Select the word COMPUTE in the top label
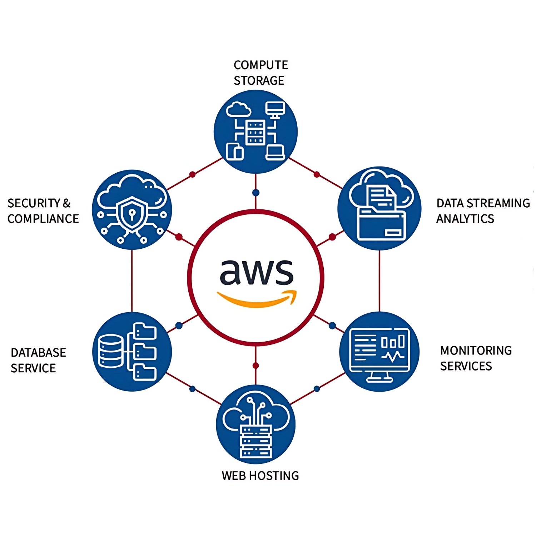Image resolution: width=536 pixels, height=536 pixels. pos(261,65)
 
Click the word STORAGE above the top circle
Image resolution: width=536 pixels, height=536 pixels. pos(259,81)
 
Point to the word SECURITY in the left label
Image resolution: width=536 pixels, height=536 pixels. pos(34,203)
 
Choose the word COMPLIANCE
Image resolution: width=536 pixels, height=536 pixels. pos(43,219)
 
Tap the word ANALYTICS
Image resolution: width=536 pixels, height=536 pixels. pos(465,219)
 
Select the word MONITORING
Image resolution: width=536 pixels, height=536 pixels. pos(476,351)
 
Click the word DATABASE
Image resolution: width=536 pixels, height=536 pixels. pos(39,353)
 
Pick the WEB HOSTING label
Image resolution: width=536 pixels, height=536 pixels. pos(260,476)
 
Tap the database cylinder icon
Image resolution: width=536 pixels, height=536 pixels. pos(111,351)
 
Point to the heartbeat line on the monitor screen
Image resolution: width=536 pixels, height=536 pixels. pos(393,356)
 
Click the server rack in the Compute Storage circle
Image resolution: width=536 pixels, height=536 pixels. pos(255,132)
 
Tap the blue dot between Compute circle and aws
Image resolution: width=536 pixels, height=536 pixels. pos(256,193)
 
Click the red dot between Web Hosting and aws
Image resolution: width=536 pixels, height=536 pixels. pos(255,366)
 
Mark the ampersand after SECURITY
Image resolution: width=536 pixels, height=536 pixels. pos(67,203)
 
